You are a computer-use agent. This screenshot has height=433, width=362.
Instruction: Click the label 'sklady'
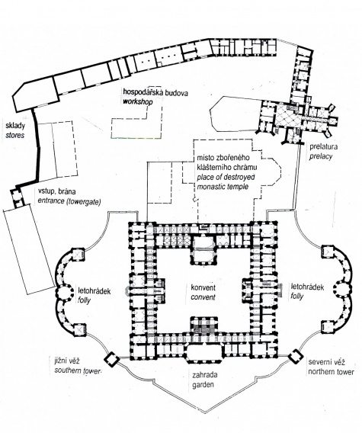[x=15, y=127]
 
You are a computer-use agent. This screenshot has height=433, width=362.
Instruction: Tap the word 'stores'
[x=15, y=136]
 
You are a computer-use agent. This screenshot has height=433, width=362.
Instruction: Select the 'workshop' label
[x=138, y=101]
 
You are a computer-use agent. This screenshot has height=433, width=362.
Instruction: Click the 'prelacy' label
[x=320, y=156]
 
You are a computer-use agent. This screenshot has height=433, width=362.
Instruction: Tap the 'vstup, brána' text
[x=56, y=191]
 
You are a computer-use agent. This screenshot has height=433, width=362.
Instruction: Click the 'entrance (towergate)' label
[x=69, y=201]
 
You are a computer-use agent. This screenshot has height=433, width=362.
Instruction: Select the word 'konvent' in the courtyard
[x=203, y=287]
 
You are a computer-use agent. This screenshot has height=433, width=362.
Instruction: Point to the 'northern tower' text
[x=331, y=372]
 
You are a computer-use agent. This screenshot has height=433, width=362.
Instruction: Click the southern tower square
[x=111, y=359]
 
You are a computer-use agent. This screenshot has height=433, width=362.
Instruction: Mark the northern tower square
[x=296, y=357]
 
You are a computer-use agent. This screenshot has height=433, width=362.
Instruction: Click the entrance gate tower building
[x=17, y=197]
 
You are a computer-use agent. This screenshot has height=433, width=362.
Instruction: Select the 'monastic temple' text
[x=223, y=187]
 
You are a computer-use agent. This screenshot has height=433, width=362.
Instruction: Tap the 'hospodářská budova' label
[x=155, y=92]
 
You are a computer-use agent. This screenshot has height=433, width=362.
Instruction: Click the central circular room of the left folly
[x=65, y=292]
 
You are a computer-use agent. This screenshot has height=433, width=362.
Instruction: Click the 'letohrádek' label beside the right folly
[x=307, y=287]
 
